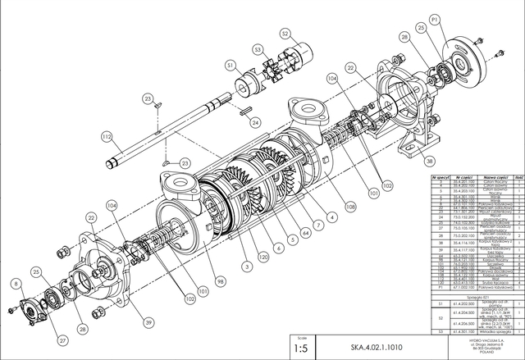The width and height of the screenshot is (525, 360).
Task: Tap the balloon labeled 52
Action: [285, 34]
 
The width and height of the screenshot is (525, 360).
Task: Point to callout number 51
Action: [231, 65]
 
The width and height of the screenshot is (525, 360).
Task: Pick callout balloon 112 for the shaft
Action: [107, 136]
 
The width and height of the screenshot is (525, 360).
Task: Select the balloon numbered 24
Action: [255, 122]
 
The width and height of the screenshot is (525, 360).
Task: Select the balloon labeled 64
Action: [305, 234]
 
